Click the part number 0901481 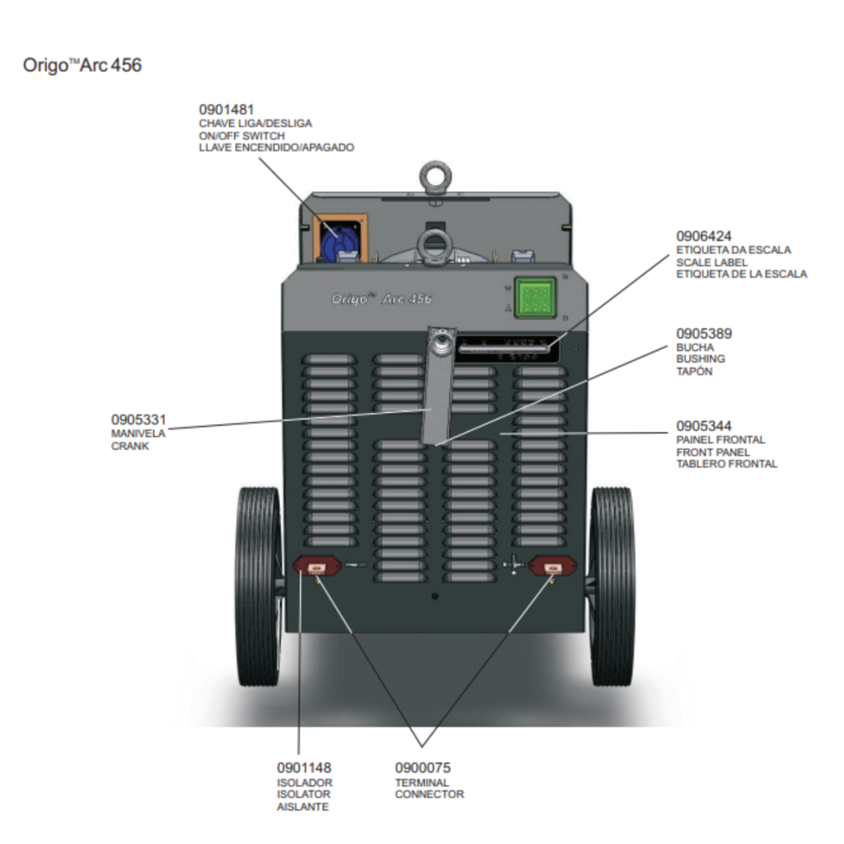click(x=226, y=110)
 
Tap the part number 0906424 click(x=704, y=237)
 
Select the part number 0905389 click(x=704, y=334)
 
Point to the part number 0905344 click(x=704, y=426)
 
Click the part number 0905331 click(x=138, y=420)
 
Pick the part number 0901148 click(x=303, y=768)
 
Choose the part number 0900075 click(x=423, y=768)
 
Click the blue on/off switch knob click(x=335, y=240)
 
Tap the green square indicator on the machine click(x=534, y=297)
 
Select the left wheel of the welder click(x=258, y=586)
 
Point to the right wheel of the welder click(x=612, y=586)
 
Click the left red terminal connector click(x=316, y=566)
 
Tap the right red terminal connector click(x=552, y=567)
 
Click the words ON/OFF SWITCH click(x=241, y=136)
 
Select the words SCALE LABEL click(x=711, y=262)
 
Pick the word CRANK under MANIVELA click(x=129, y=446)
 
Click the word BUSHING click(x=701, y=359)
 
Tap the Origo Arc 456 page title click(x=82, y=65)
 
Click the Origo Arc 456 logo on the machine click(x=381, y=298)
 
